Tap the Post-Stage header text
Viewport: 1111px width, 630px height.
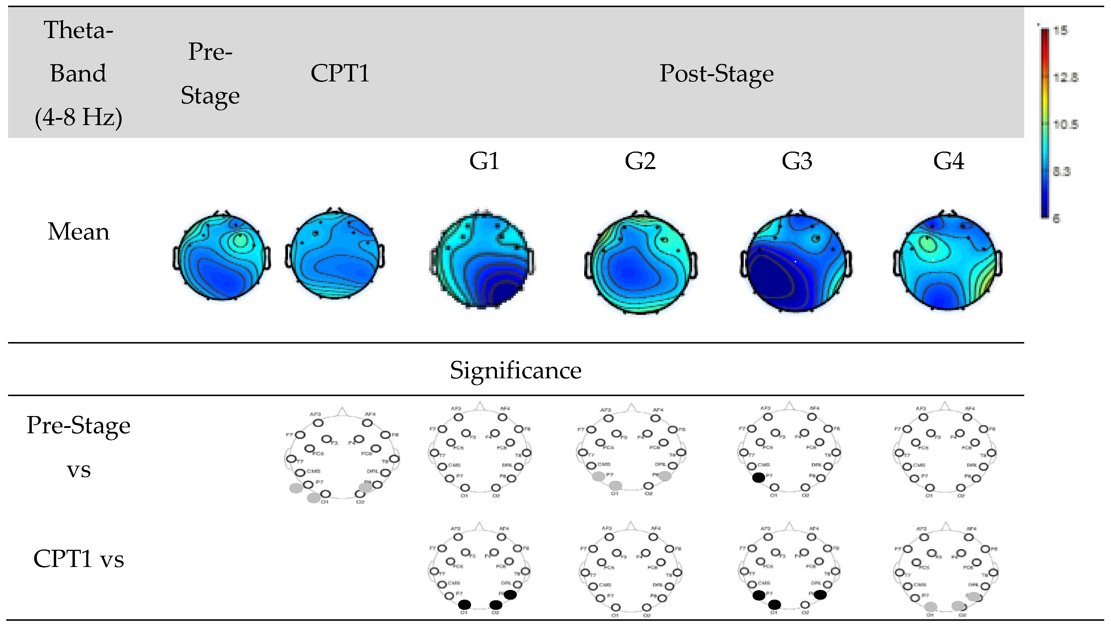(716, 74)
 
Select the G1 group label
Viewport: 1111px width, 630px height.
(484, 161)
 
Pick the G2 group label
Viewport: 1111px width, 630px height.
(640, 161)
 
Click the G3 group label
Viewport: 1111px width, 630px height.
(797, 161)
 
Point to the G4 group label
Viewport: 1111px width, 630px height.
(948, 161)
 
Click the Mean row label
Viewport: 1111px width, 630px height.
(78, 231)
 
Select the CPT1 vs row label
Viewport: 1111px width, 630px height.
(78, 559)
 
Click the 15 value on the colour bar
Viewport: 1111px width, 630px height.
(1060, 31)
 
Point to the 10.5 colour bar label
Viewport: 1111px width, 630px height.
(1065, 125)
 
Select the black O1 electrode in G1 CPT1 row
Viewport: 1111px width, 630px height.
(464, 604)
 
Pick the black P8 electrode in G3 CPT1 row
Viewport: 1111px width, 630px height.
(820, 595)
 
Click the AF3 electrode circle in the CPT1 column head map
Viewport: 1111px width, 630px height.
(318, 423)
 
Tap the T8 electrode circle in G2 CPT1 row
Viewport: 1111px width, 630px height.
(677, 573)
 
